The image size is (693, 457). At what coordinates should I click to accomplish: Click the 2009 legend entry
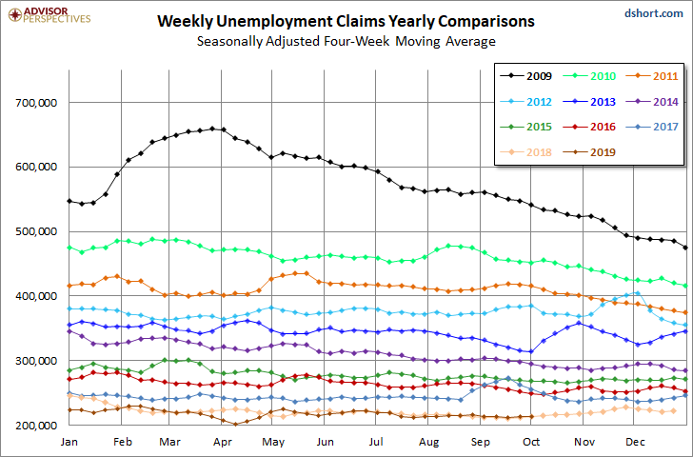click(525, 76)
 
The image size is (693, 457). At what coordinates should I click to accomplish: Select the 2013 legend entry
click(589, 102)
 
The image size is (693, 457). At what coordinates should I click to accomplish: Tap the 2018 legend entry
click(525, 152)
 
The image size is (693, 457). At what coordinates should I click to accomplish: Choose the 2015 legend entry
click(525, 127)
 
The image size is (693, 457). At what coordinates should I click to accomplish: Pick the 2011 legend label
click(665, 76)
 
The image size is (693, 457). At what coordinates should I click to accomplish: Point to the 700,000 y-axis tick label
click(38, 103)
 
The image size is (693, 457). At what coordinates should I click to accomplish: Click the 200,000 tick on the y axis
click(38, 426)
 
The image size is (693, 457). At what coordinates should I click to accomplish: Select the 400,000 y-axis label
click(38, 296)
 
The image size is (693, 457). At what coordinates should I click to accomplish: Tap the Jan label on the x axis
click(69, 442)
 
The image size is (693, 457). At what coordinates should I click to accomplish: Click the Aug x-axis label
click(428, 442)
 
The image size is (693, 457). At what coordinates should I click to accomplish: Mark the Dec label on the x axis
click(635, 442)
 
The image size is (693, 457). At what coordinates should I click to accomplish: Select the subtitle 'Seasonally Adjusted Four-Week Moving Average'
click(346, 42)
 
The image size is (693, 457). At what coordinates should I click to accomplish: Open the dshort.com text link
click(654, 13)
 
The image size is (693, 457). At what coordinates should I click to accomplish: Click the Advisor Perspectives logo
click(49, 15)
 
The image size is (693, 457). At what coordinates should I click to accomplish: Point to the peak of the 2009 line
click(212, 129)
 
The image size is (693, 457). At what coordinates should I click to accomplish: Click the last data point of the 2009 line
click(685, 248)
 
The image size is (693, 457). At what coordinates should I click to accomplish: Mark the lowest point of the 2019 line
click(235, 425)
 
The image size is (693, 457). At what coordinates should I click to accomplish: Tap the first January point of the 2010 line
click(69, 248)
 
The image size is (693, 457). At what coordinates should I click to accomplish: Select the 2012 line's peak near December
click(638, 292)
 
